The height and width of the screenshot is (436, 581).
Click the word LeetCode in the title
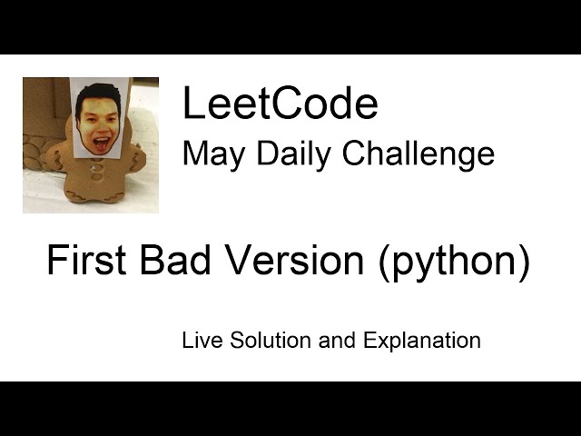coord(280,104)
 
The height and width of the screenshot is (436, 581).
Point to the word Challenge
coord(418,154)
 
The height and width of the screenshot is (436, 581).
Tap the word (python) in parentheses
coord(450,263)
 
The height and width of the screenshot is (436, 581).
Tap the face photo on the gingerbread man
coord(99,117)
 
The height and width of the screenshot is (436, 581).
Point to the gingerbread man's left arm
coord(134,160)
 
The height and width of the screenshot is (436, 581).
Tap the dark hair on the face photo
coord(98,93)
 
